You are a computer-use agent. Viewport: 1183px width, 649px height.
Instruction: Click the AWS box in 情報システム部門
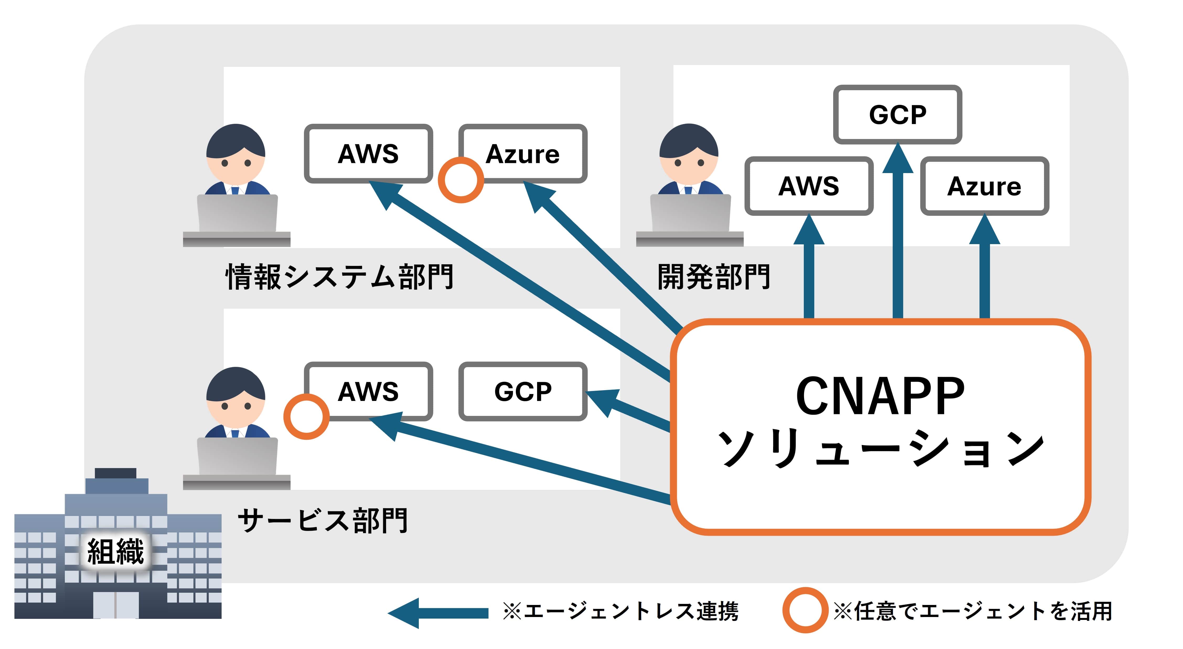point(368,153)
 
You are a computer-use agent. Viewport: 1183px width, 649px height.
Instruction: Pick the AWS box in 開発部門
point(809,186)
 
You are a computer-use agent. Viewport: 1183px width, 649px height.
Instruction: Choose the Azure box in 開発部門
point(984,186)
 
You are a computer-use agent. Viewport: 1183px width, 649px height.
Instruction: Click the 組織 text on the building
point(116,551)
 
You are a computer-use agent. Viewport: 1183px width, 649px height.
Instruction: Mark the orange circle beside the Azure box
point(461,180)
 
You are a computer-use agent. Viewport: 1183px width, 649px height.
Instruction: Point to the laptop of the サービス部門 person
point(237,457)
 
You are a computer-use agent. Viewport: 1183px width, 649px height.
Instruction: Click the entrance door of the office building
point(116,604)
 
